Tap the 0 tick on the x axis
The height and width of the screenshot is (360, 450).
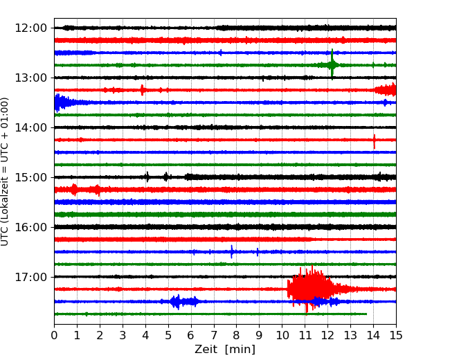coord(54,336)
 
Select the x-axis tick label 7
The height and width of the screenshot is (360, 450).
coord(214,336)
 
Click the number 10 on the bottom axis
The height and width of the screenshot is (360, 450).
coord(282,336)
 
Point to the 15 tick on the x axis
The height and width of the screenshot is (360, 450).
coord(396,336)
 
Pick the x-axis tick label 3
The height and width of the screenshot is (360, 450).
coord(123,336)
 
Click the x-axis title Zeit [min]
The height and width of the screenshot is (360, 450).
coord(225,350)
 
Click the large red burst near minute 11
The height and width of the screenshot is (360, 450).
coord(308,288)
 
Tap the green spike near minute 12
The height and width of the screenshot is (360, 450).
coord(332,64)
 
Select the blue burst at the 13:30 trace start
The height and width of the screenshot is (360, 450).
coord(60,102)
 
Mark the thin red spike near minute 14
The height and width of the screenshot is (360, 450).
coord(375,141)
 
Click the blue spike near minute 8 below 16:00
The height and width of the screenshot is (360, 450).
coord(232,251)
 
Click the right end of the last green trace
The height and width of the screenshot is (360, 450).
coord(366,314)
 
